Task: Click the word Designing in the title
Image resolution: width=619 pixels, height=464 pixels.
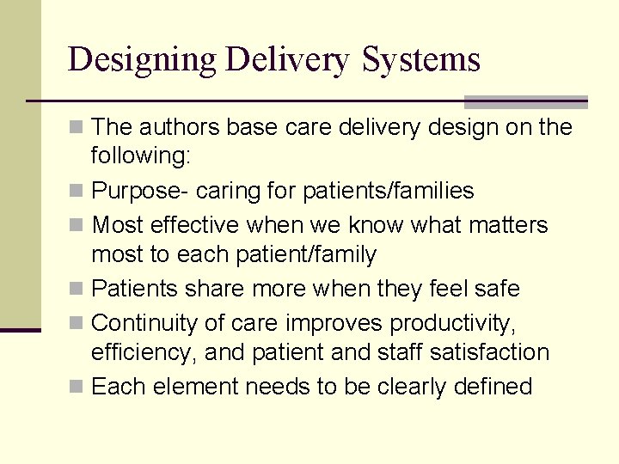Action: click(x=143, y=60)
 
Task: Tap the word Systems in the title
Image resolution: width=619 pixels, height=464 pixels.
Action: click(x=421, y=60)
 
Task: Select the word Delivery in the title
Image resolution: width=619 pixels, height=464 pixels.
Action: click(x=288, y=60)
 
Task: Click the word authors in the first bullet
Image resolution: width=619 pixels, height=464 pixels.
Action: click(x=180, y=127)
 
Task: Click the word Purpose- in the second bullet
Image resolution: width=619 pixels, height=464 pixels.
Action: click(x=128, y=191)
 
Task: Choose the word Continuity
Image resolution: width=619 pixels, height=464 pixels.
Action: click(x=143, y=322)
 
